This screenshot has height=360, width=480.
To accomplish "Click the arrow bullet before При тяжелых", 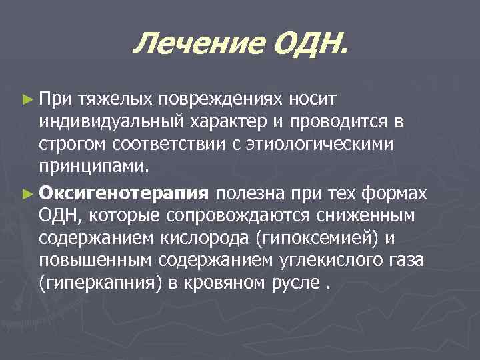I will (x=27, y=99).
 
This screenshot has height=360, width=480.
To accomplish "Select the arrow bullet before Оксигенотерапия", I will (x=27, y=193).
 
